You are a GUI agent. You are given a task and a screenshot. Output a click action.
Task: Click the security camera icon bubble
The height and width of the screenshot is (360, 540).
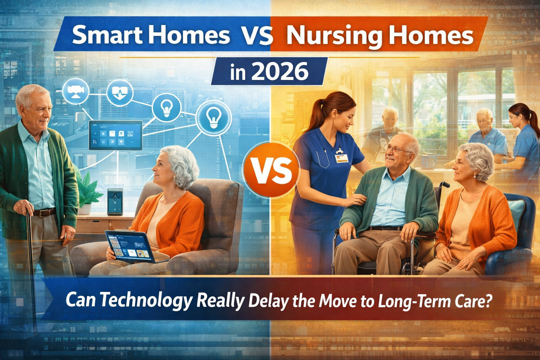(x=76, y=91)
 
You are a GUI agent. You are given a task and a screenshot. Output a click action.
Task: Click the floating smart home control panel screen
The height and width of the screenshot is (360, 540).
(x=115, y=135)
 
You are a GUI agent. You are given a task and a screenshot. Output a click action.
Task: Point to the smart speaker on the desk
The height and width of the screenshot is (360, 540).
(x=115, y=201)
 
